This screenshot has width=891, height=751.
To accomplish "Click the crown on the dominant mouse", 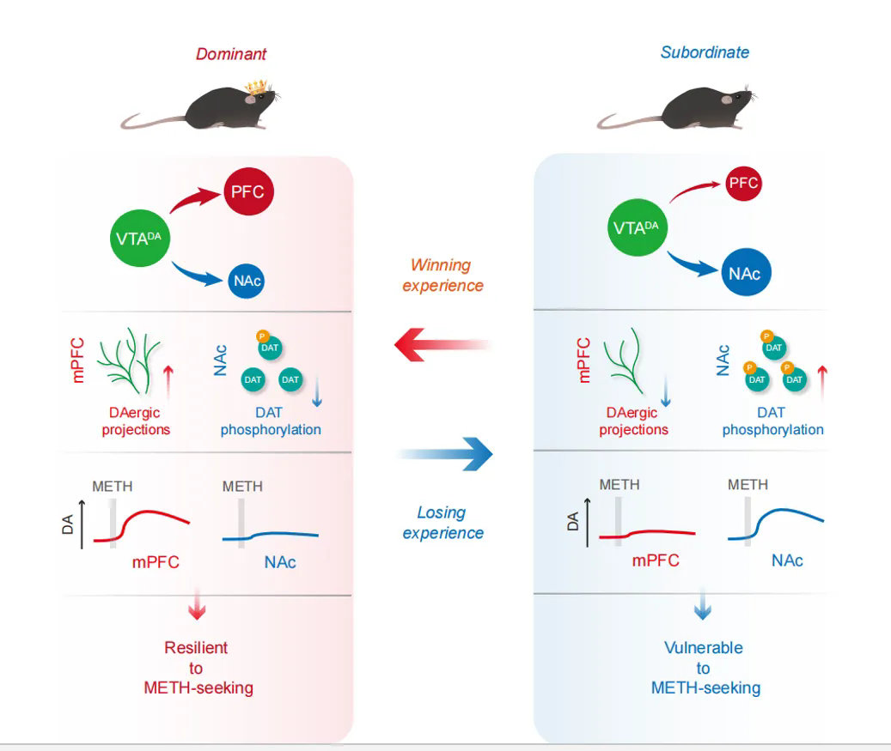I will coord(255,87).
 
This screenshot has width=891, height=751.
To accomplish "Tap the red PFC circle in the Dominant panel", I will coord(249,193).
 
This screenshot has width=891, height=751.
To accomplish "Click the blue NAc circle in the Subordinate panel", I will coord(745,274).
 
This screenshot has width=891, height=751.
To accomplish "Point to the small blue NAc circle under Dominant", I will coord(247,282).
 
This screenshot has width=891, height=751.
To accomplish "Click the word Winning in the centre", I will coord(440,265).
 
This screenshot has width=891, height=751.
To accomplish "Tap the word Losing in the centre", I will coord(441,512).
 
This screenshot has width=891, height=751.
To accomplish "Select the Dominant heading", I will coord(231,54).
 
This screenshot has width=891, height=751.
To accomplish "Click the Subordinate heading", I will coord(705,52).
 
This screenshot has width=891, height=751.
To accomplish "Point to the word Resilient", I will coord(197,648).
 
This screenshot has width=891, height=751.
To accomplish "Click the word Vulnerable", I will coord(704,648).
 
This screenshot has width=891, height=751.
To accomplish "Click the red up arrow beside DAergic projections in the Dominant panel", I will coord(168,382).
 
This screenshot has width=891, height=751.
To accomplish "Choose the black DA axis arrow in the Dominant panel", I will coord(83,524).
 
